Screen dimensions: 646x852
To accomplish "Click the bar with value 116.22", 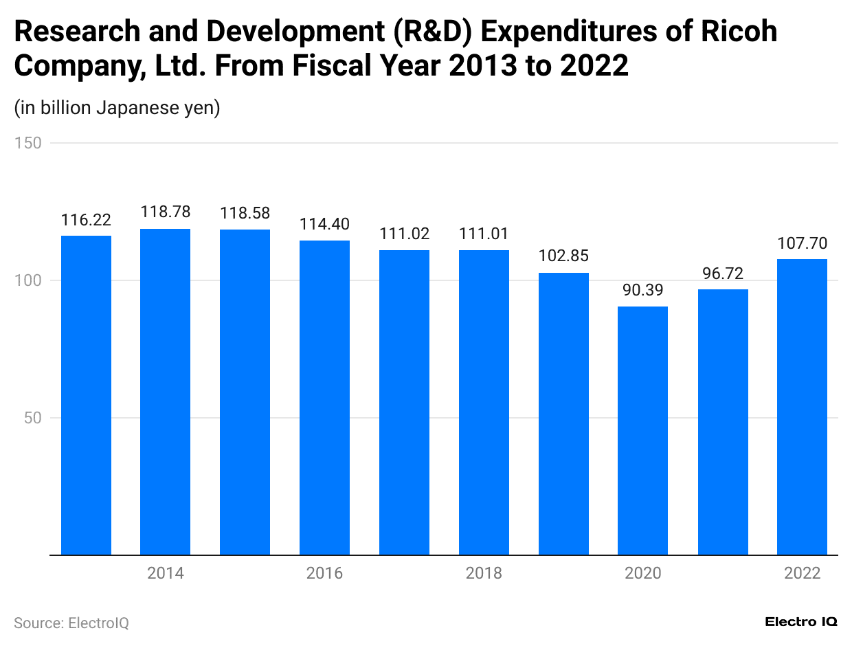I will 86,395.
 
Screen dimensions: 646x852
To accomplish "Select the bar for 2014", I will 166,392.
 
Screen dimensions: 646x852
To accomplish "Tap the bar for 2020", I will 642,430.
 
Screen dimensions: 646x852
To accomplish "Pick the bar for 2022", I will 802,407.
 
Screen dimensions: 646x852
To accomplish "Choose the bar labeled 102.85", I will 563,414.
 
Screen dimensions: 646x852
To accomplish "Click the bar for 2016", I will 324,397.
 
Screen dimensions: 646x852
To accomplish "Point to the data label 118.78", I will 166,212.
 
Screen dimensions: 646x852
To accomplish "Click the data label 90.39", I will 642,289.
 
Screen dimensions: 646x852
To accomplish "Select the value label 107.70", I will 802,243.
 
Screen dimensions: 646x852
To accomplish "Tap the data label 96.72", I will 723,273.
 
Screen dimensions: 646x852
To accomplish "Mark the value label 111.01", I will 484,234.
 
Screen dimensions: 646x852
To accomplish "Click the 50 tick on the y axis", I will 32,418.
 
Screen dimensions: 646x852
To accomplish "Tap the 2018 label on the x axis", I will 484,573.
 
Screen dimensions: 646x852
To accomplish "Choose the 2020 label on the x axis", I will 642,573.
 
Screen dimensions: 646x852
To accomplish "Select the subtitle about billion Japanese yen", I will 117,108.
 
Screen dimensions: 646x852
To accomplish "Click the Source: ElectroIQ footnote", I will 71,623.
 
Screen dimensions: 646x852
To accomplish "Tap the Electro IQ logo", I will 800,621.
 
